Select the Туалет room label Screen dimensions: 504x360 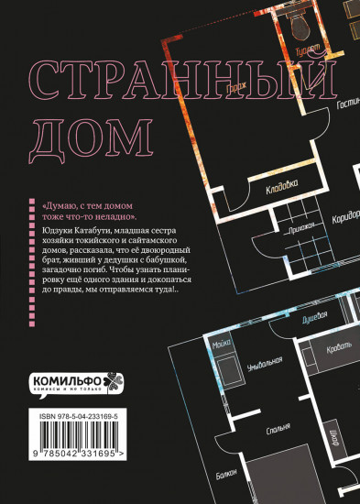pyautogui.click(x=305, y=45)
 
